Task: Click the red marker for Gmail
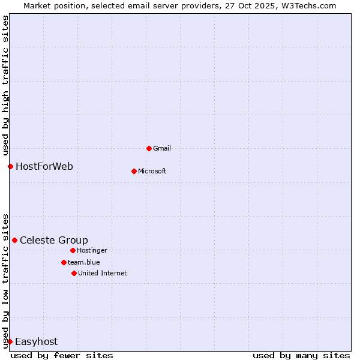click(149, 148)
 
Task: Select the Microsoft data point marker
click(134, 171)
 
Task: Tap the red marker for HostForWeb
click(10, 166)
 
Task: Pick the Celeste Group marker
click(14, 240)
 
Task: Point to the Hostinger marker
click(73, 250)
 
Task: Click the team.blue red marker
click(64, 262)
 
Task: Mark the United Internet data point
click(74, 273)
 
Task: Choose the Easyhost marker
click(10, 341)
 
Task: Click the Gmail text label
click(162, 148)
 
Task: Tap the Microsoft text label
click(152, 171)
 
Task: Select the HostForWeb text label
click(44, 166)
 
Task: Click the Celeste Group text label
click(54, 240)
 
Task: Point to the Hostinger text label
click(92, 250)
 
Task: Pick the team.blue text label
click(84, 262)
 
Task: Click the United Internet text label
click(102, 273)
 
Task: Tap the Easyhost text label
click(36, 341)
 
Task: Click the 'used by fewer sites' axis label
click(62, 355)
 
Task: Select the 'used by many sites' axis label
click(301, 355)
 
